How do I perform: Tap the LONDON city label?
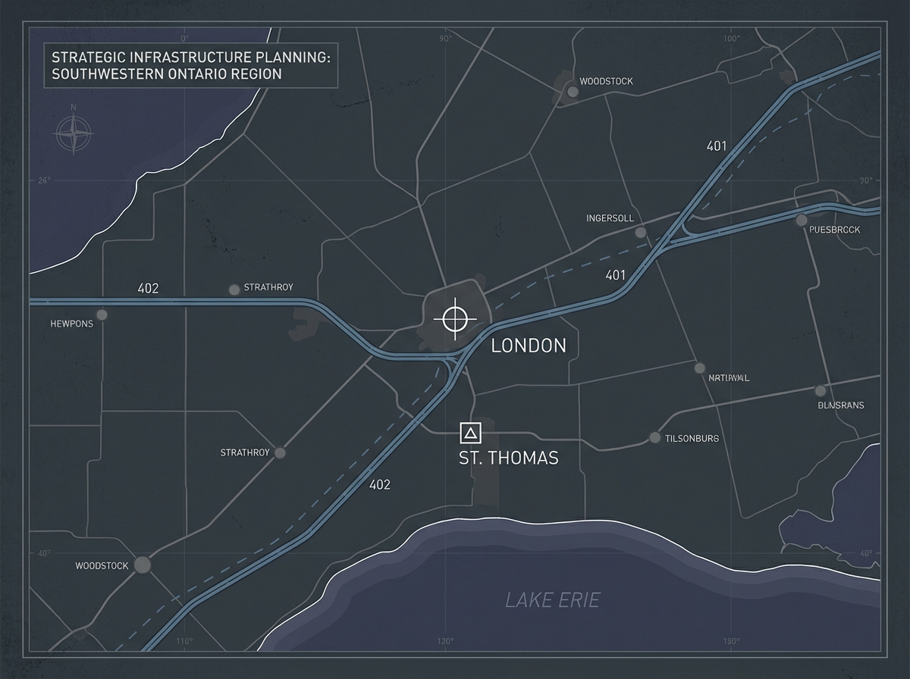click(529, 346)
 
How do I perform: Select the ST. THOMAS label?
click(508, 458)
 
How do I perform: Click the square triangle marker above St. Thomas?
click(471, 433)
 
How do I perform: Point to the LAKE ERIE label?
click(552, 601)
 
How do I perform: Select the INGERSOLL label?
click(610, 218)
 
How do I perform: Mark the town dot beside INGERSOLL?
click(641, 232)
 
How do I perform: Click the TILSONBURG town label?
click(692, 439)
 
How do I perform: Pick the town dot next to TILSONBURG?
click(654, 438)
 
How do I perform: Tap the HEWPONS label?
click(72, 324)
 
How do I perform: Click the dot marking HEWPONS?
click(102, 314)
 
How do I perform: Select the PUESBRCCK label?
click(834, 230)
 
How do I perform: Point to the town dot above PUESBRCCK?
click(802, 221)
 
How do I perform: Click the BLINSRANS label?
click(841, 405)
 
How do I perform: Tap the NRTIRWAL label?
click(728, 377)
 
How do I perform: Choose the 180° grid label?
click(731, 642)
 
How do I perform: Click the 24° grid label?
click(42, 180)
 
